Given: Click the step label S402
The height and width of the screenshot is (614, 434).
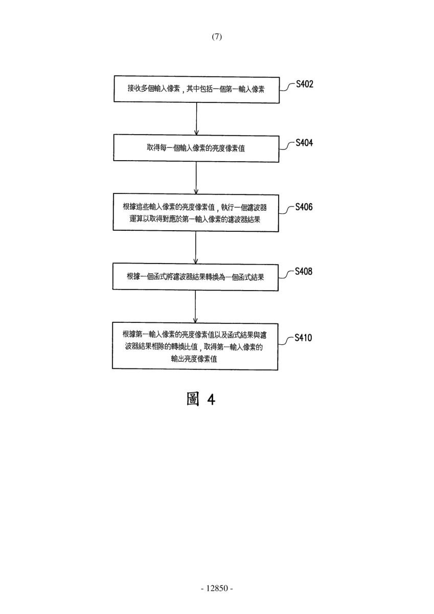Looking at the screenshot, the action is [305, 84].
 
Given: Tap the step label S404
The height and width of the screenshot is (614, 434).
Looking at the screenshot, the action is [304, 143].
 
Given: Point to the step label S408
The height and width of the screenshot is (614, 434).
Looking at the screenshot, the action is [304, 271].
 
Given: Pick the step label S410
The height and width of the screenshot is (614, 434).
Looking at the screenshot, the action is [303, 338].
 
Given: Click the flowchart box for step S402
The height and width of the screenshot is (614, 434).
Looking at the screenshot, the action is [197, 90].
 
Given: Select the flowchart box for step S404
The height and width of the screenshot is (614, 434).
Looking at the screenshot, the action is [196, 148].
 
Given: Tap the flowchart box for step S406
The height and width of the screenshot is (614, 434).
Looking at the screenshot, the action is [196, 213].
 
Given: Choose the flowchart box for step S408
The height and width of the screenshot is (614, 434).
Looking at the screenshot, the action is [195, 277].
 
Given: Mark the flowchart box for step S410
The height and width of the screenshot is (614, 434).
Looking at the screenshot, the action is [195, 346].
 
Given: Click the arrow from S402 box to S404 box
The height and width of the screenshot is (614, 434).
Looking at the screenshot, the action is [196, 119].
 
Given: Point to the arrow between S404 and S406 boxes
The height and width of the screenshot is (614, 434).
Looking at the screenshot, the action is [196, 178].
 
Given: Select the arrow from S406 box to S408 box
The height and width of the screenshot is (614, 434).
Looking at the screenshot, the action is [195, 247].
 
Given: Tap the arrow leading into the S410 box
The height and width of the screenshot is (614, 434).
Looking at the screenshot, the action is [195, 306].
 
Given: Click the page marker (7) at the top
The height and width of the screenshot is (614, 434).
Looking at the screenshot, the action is [217, 37].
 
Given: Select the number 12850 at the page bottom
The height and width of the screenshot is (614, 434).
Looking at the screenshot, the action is [217, 588].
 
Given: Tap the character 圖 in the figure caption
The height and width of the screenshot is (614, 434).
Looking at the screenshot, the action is [193, 399].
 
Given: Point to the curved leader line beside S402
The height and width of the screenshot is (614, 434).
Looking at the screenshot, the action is [287, 87].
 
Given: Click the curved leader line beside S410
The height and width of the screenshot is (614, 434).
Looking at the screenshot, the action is [286, 341].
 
